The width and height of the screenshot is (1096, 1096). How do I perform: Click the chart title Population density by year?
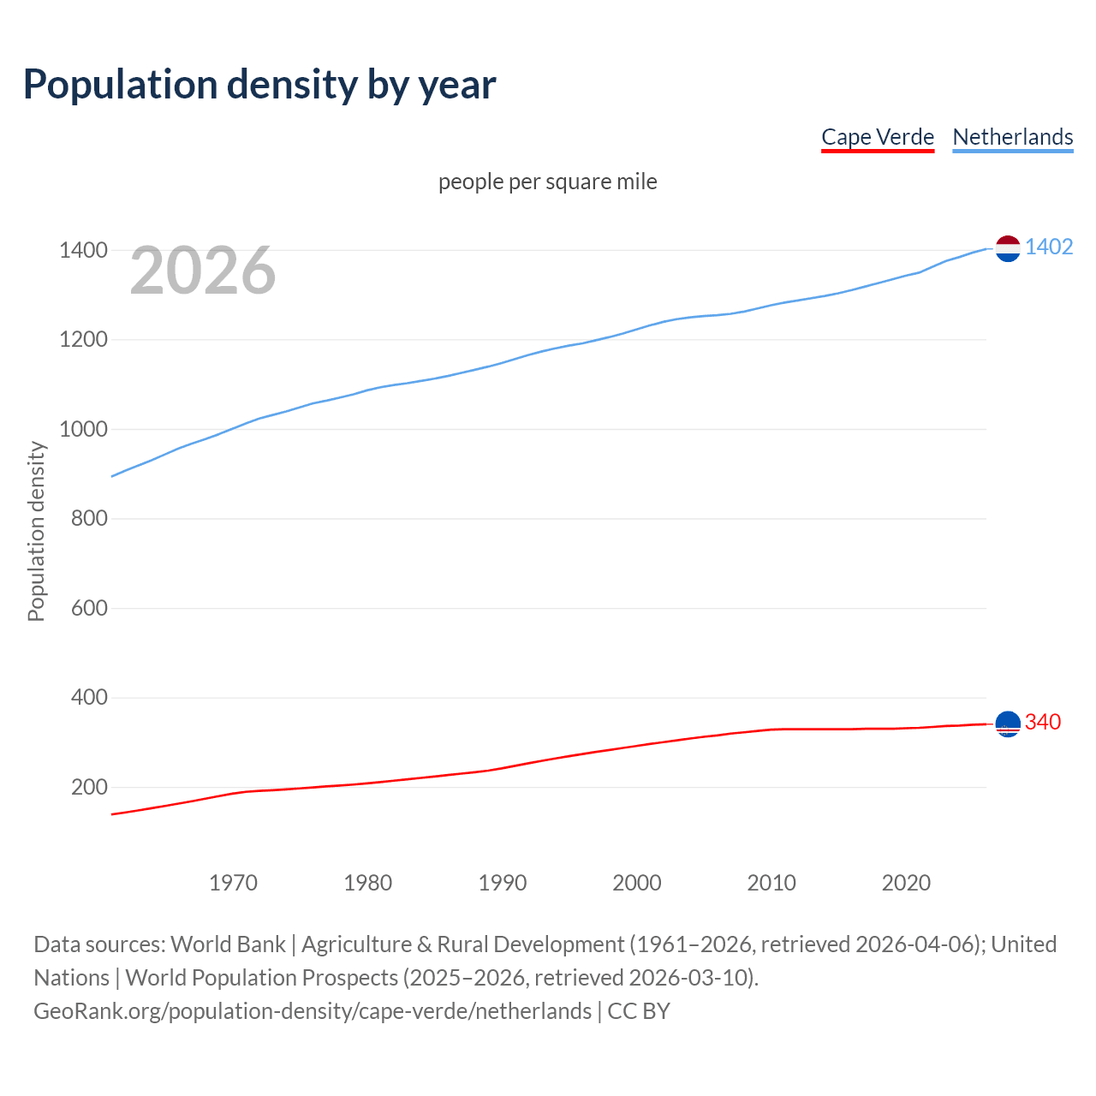259,84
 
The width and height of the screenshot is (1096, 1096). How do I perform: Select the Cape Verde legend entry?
877,137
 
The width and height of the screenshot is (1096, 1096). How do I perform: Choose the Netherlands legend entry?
1012,137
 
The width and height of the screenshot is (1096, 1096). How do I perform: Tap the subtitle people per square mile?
547,182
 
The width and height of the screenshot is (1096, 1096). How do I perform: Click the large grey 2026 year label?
203,271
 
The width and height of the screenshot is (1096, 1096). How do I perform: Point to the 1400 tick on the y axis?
83,251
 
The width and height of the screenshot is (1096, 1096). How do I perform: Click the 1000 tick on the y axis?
83,429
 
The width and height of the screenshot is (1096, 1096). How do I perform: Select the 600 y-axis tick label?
88,608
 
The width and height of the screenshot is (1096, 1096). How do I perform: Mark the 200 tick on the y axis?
88,787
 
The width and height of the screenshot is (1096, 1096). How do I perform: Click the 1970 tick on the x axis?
233,883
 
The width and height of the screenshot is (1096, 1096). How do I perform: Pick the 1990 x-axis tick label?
503,883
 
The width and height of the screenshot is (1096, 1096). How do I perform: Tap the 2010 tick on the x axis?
771,883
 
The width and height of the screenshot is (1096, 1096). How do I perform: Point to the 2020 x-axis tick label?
906,883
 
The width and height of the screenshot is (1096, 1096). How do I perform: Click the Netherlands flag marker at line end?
1008,248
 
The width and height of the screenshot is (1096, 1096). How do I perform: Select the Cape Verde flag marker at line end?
1008,724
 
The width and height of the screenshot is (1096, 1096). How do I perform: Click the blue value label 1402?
1048,247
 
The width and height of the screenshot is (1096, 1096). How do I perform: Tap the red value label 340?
1042,722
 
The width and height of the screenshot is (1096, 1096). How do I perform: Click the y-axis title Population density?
36,531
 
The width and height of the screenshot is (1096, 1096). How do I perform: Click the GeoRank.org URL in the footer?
313,1011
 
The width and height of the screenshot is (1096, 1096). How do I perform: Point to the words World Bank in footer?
228,944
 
